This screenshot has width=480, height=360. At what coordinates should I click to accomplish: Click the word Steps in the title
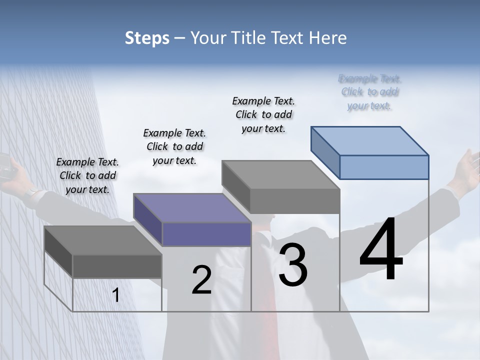[x=147, y=38]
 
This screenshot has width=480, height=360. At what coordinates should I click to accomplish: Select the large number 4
[x=381, y=250]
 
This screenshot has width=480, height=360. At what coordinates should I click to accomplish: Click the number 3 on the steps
[x=293, y=265]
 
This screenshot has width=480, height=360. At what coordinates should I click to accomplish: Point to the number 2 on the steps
[x=202, y=280]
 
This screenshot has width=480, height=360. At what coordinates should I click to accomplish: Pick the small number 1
[x=115, y=295]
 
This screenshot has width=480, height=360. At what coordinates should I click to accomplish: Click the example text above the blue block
[x=369, y=92]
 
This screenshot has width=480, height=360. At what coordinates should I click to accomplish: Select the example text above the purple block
[x=174, y=146]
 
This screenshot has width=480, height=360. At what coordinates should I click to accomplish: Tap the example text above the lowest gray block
[x=87, y=175]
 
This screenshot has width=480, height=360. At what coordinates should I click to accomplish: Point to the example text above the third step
[x=263, y=114]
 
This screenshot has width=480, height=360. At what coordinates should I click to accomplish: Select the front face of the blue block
[x=384, y=167]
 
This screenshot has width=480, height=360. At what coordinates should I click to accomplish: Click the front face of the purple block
[x=206, y=234]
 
